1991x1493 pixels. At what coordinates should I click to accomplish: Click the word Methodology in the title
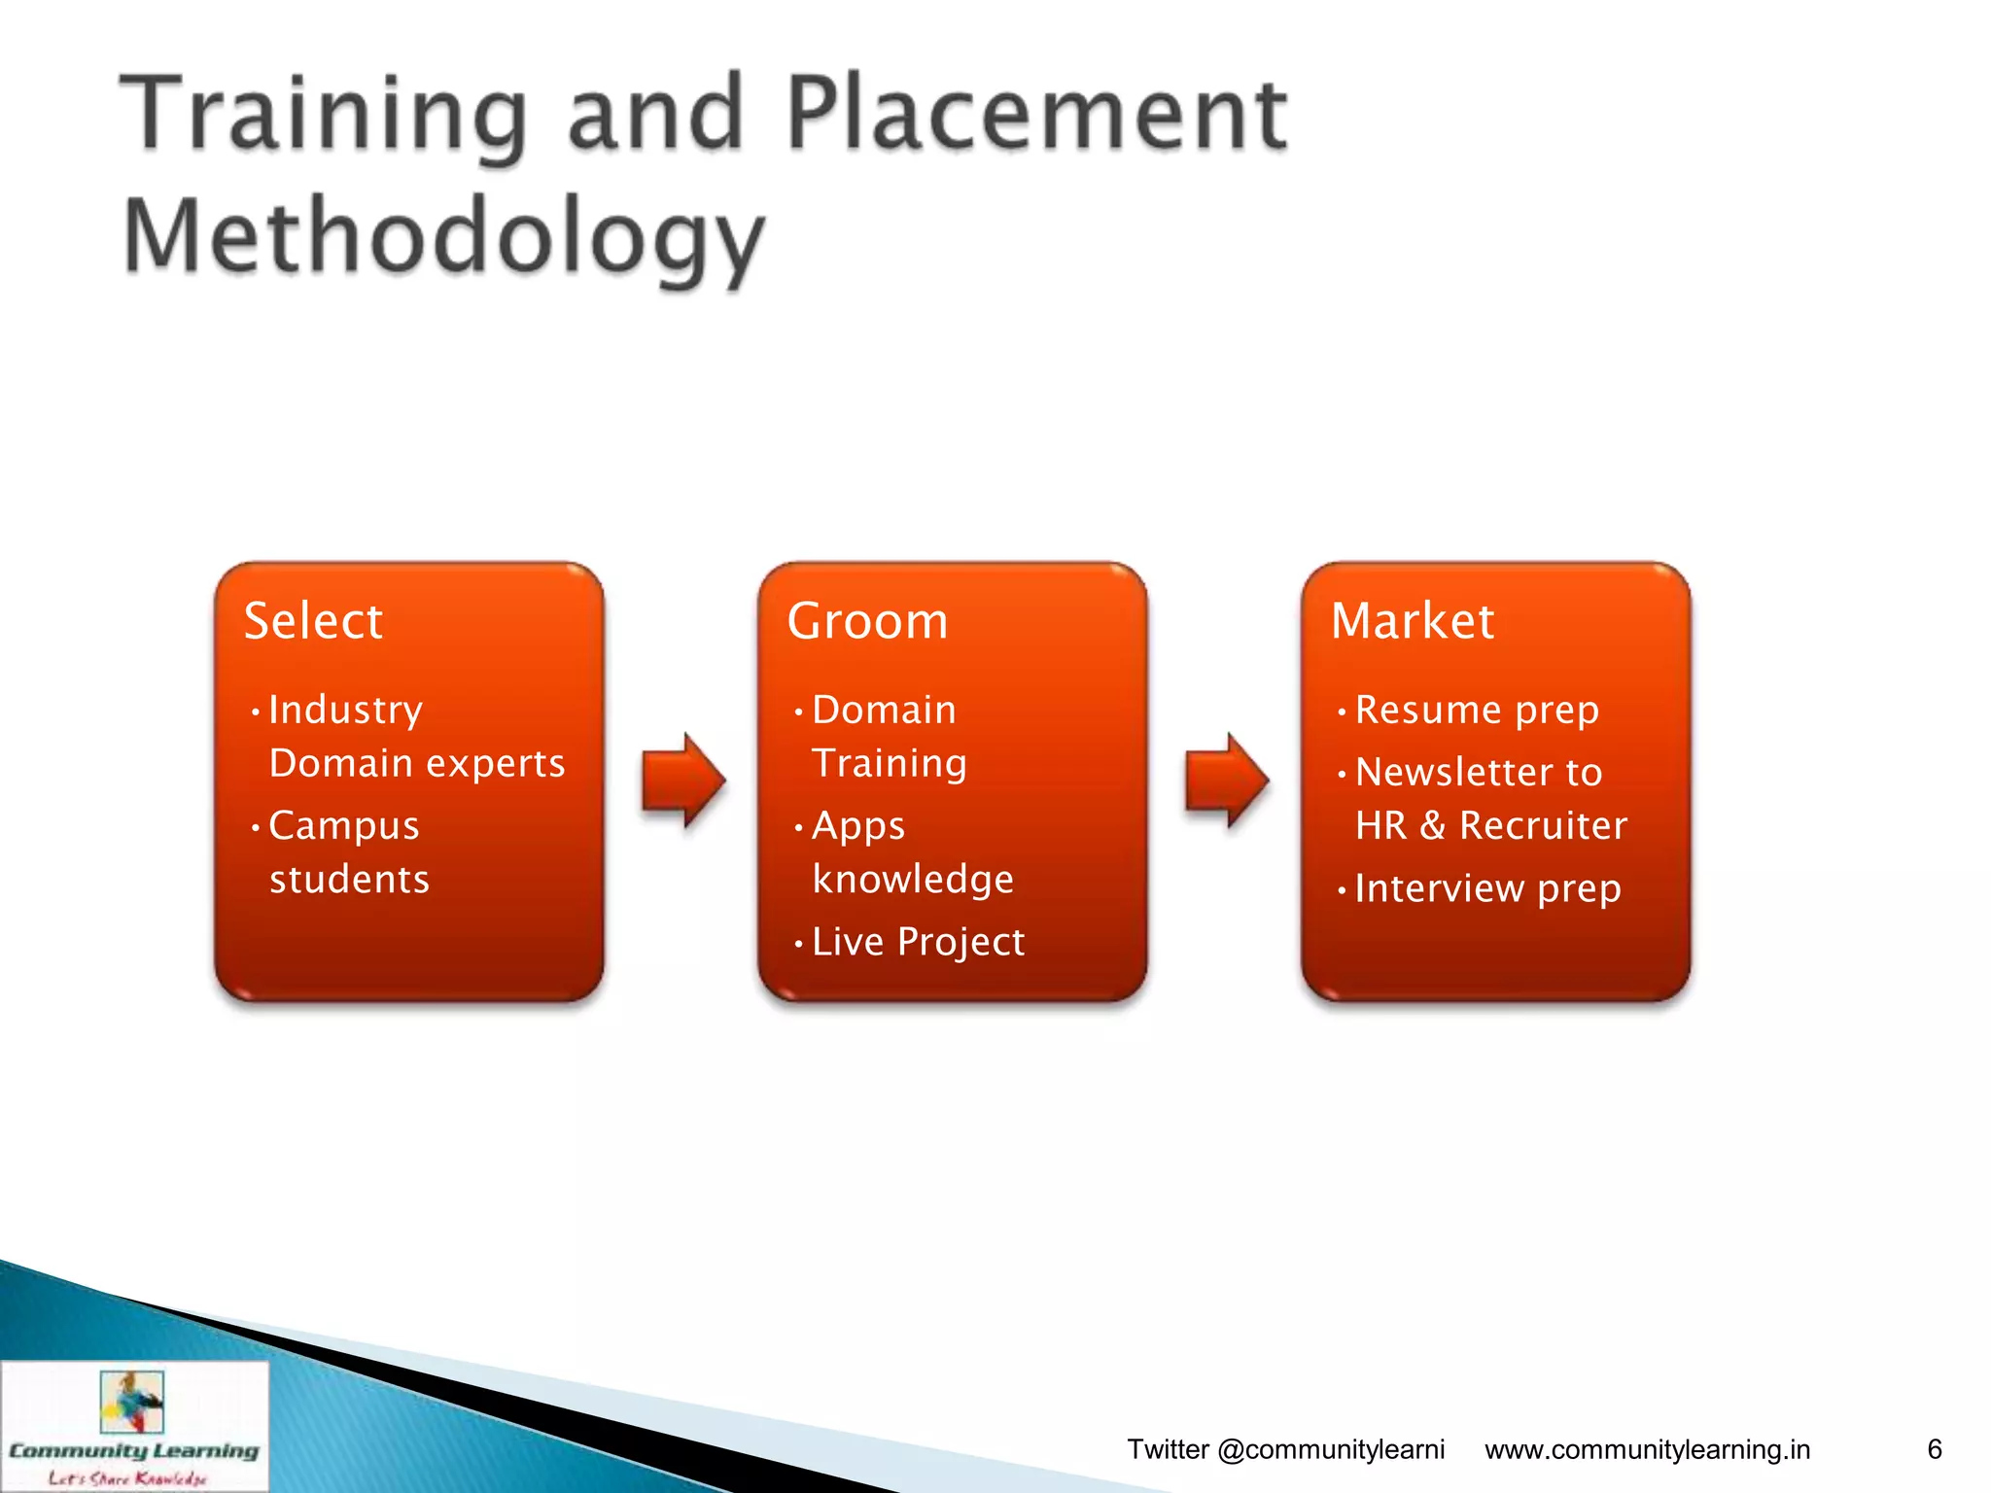pyautogui.click(x=444, y=236)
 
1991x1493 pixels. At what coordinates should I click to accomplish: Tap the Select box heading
pyautogui.click(x=313, y=621)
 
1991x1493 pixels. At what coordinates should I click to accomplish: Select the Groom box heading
pyautogui.click(x=867, y=621)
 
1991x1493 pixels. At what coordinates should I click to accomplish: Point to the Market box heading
pyautogui.click(x=1412, y=621)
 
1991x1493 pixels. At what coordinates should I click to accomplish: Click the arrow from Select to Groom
pyautogui.click(x=683, y=780)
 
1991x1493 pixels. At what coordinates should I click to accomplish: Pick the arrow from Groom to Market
pyautogui.click(x=1227, y=780)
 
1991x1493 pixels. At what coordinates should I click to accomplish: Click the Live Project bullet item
pyautogui.click(x=918, y=942)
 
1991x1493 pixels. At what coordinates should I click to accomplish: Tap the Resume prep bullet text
pyautogui.click(x=1477, y=710)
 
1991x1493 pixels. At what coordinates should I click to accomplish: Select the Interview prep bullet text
pyautogui.click(x=1487, y=888)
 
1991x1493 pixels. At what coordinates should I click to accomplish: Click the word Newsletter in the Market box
pyautogui.click(x=1453, y=772)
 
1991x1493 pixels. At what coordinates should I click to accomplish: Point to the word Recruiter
pyautogui.click(x=1543, y=825)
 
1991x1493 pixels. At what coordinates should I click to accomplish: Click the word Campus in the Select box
pyautogui.click(x=344, y=825)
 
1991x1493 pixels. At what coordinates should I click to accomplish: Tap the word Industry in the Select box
pyautogui.click(x=345, y=710)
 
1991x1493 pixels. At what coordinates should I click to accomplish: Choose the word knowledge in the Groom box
pyautogui.click(x=913, y=879)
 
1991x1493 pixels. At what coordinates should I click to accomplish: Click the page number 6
pyautogui.click(x=1935, y=1449)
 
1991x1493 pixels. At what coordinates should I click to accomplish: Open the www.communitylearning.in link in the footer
pyautogui.click(x=1647, y=1449)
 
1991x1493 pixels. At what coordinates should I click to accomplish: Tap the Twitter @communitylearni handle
pyautogui.click(x=1285, y=1449)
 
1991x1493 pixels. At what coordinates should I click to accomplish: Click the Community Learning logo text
pyautogui.click(x=134, y=1451)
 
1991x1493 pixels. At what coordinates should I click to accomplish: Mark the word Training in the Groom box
pyautogui.click(x=890, y=763)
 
